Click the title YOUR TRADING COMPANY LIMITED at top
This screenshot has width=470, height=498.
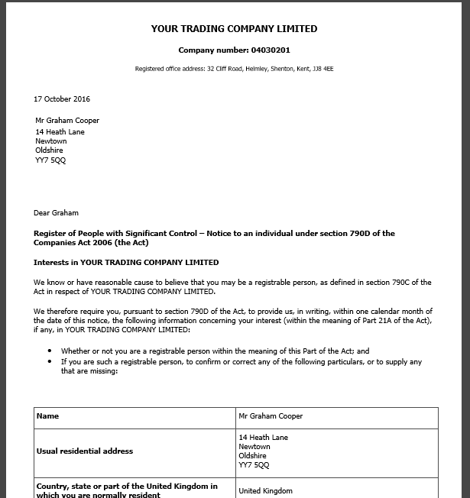(x=234, y=29)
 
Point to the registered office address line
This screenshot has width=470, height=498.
(x=233, y=69)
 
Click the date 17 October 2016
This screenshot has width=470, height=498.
(x=61, y=99)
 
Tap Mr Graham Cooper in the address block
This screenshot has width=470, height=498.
(x=67, y=121)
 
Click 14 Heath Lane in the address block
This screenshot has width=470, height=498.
(x=60, y=132)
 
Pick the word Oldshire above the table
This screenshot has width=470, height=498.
(x=49, y=150)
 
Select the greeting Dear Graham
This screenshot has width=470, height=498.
(x=56, y=212)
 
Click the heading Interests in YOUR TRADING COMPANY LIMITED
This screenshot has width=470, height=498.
(x=126, y=262)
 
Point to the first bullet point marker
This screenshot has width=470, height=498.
(x=50, y=351)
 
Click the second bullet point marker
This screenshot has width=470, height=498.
(x=50, y=361)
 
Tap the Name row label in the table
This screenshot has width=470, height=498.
(x=47, y=416)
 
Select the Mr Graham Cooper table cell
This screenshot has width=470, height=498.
(x=271, y=416)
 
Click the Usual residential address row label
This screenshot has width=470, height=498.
(x=85, y=451)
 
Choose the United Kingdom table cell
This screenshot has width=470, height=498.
(x=265, y=491)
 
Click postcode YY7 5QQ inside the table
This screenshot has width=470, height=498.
(x=254, y=465)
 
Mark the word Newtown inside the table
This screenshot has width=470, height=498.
(x=254, y=447)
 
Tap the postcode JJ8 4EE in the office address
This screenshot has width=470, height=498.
(x=323, y=69)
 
